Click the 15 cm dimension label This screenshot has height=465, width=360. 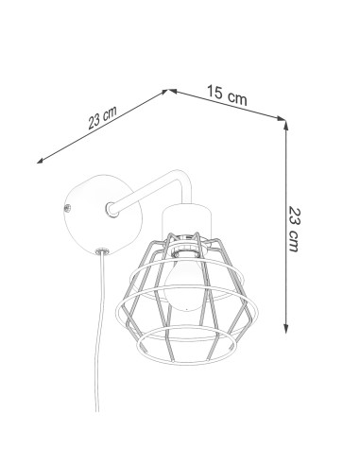coord(227,95)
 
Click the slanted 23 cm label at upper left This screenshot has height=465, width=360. coord(102,117)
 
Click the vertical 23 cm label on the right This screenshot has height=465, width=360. coord(294,229)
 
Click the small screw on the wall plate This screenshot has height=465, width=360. coord(67,208)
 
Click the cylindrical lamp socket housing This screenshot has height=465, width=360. coord(186,219)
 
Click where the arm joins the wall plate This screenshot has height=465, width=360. coord(111,210)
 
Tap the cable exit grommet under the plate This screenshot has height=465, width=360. coord(101,251)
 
